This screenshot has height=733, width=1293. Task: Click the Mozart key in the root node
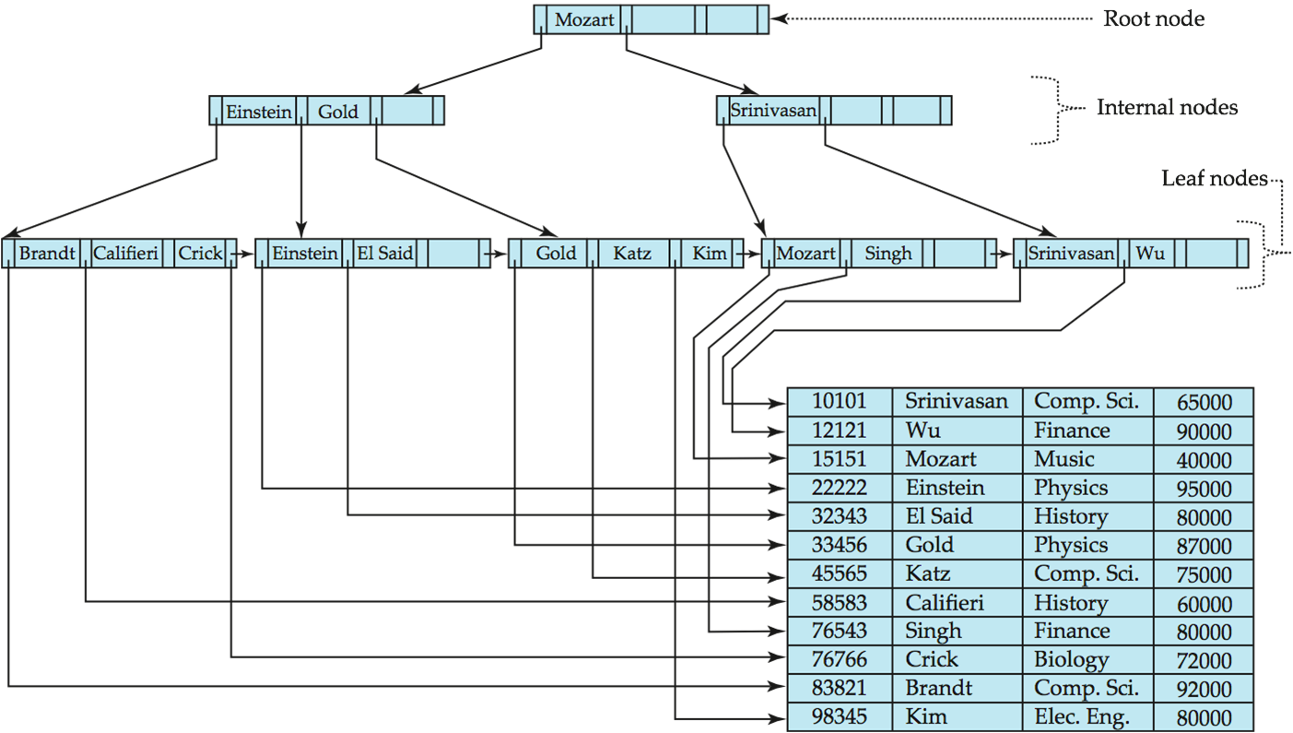(x=584, y=19)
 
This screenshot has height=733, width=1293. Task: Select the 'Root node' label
(x=1154, y=18)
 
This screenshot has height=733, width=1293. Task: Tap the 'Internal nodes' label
(x=1166, y=108)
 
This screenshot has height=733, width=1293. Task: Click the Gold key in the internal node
(x=338, y=112)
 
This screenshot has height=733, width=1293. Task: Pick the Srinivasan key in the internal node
(x=773, y=111)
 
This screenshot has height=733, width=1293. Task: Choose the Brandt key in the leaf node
(x=47, y=253)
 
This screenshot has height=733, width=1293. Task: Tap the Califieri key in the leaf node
(x=126, y=253)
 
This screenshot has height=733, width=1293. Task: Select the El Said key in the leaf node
(x=384, y=253)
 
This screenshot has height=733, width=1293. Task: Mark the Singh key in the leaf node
(x=887, y=253)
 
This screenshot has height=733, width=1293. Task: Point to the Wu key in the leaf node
(x=1149, y=253)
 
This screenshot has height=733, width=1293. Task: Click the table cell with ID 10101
(x=839, y=401)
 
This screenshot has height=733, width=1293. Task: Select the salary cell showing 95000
(x=1204, y=489)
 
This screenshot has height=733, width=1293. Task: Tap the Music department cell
(x=1064, y=459)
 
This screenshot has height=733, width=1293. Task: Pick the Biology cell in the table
(x=1071, y=660)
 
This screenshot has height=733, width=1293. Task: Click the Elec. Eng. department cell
(x=1081, y=717)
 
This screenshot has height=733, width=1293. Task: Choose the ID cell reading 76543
(x=839, y=632)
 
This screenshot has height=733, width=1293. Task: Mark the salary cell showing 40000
(x=1204, y=460)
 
